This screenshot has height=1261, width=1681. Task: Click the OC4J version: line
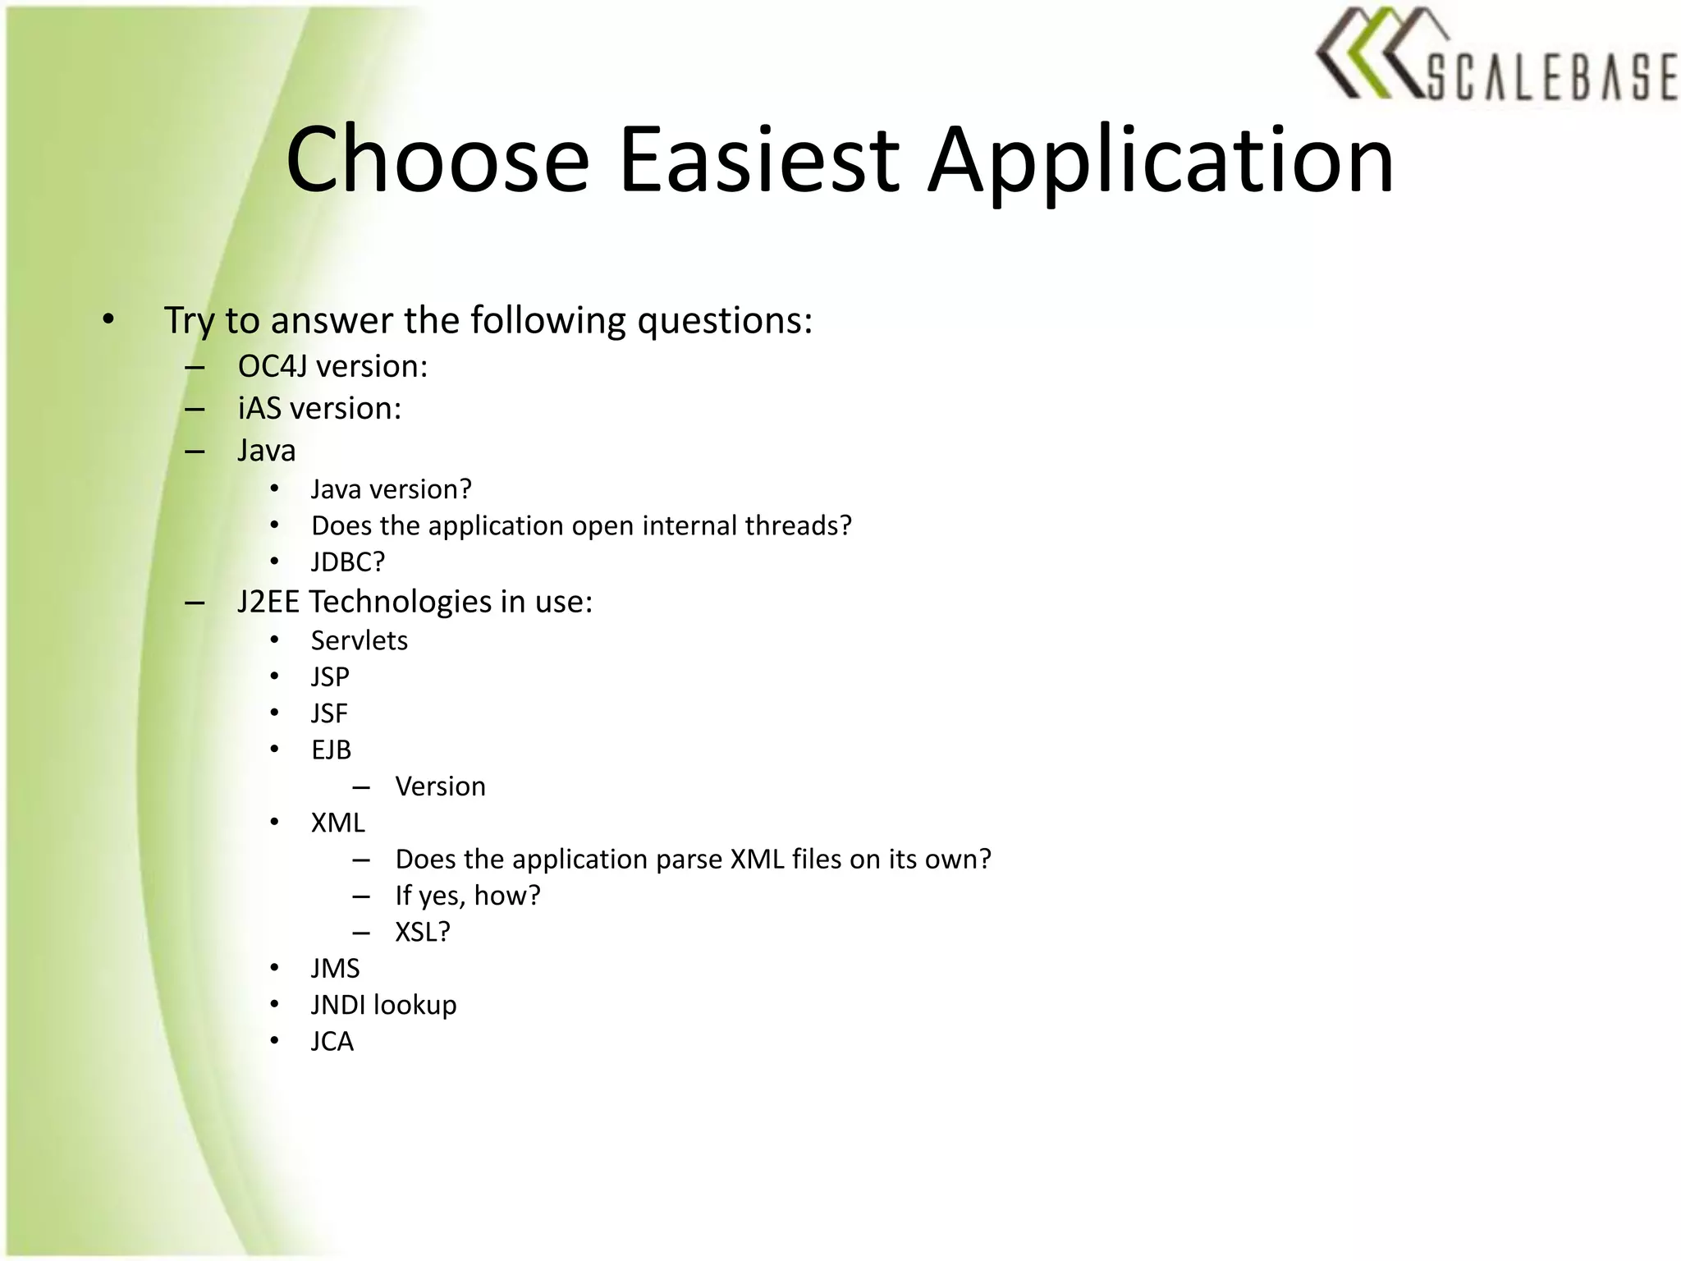[x=332, y=366]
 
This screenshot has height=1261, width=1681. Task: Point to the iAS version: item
[x=319, y=408]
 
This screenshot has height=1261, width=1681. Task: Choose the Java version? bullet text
[x=391, y=489]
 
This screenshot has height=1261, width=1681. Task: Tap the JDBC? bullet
[x=348, y=562]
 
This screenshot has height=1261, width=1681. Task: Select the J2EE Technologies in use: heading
[x=415, y=602]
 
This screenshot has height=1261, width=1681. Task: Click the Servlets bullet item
[x=359, y=640]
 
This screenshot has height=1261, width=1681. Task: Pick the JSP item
[x=330, y=677]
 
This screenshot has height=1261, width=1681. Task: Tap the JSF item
[x=329, y=713]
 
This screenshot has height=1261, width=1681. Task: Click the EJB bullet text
[x=331, y=750]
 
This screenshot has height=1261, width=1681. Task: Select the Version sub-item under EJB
[x=440, y=786]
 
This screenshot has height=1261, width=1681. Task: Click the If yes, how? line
[x=468, y=896]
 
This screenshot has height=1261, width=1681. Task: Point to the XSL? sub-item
[x=423, y=932]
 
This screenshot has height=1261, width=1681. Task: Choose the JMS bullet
[x=335, y=969]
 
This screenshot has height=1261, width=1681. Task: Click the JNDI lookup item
[x=383, y=1005]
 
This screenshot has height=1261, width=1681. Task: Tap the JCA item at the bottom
[x=332, y=1042]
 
